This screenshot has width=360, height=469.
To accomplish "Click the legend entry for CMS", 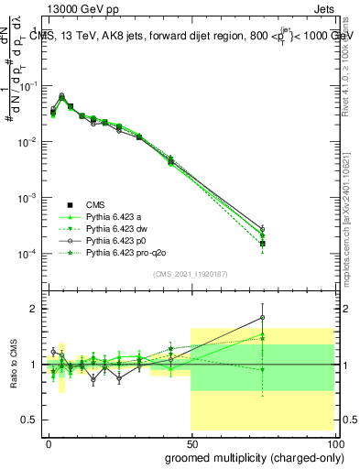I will coord(97,204).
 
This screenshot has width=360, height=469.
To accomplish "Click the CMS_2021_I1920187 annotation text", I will coord(190,273).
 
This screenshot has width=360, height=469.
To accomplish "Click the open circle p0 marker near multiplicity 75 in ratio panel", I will coord(263,318).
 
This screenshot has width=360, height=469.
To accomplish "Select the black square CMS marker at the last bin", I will coord(263,244).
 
